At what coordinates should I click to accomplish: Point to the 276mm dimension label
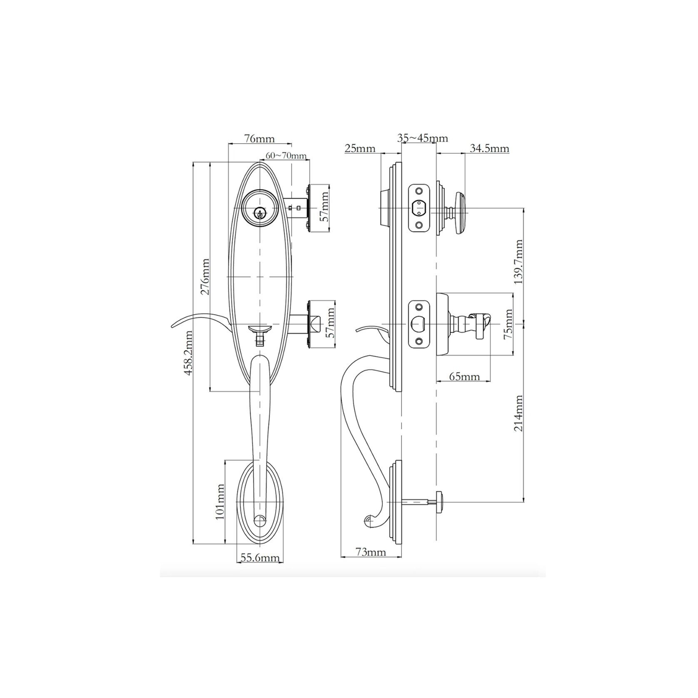tap(205, 277)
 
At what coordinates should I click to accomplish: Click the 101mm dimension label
tap(220, 501)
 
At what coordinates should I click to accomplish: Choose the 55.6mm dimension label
tap(260, 558)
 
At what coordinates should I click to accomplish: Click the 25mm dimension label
tap(360, 148)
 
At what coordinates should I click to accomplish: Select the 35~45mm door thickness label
tap(422, 138)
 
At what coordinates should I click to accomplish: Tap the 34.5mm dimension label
tap(489, 148)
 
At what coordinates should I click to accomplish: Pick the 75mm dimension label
tap(508, 324)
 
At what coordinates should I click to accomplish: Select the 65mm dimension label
tap(465, 377)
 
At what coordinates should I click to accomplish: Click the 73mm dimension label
tap(371, 552)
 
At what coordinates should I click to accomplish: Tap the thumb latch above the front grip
tap(260, 330)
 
